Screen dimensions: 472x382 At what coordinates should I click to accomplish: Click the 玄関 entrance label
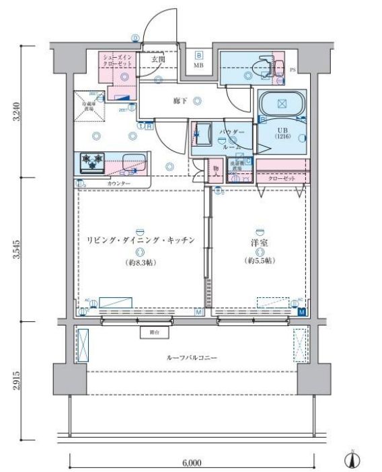(157, 59)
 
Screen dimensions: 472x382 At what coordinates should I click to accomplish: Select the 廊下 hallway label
(179, 101)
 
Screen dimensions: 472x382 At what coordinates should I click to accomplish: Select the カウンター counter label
(118, 184)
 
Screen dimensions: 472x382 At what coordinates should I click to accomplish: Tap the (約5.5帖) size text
(259, 260)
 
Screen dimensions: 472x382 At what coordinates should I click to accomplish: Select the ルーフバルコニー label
(191, 358)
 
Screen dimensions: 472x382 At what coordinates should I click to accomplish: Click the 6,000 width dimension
(192, 463)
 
